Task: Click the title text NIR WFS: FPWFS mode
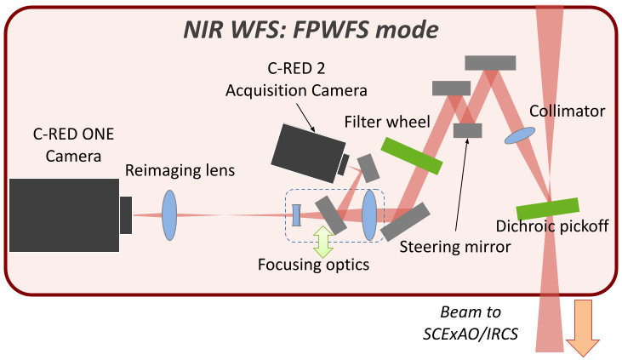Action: pos(311,31)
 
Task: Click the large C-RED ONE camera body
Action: pos(64,214)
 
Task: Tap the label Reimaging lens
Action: pos(180,171)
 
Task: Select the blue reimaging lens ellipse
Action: pos(169,214)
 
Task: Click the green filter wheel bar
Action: pos(411,156)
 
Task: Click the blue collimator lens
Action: pos(520,134)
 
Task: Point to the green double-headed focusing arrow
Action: pos(322,241)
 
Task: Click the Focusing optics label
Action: pos(314,265)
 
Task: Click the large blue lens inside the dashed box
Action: pos(369,215)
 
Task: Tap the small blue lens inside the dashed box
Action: pos(295,215)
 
